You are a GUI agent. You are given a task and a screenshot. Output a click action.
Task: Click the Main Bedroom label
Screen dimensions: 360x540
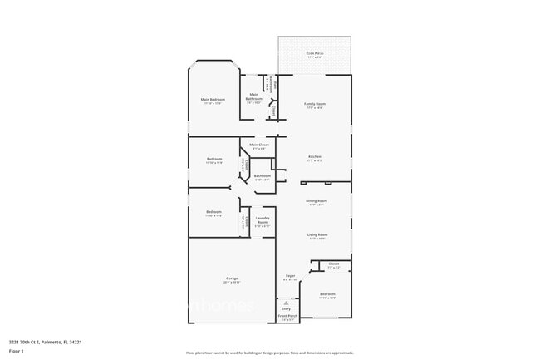pos(213,101)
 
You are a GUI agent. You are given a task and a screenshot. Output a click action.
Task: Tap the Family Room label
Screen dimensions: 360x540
pos(315,105)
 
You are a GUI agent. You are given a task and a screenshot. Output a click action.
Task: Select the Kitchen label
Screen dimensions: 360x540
pos(315,156)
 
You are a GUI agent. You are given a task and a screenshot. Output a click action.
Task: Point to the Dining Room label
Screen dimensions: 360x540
pos(317,201)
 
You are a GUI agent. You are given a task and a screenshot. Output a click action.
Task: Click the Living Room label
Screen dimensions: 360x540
pos(317,235)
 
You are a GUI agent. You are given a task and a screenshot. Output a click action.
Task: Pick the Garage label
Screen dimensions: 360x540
pos(232,279)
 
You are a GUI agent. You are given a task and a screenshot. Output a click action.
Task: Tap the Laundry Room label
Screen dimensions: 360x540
pos(263,220)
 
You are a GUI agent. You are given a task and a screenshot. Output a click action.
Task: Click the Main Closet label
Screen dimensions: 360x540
pos(258,145)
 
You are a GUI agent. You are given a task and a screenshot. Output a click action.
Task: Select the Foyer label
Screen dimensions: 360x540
pos(290,276)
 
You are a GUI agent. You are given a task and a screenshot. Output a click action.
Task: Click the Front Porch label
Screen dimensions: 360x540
pos(287,317)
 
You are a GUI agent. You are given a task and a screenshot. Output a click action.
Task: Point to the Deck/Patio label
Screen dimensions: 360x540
pos(315,54)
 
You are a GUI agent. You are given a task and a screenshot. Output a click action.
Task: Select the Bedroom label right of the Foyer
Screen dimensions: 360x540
pos(327,294)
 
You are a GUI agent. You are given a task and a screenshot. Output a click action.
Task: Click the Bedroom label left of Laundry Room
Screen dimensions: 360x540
pos(214,212)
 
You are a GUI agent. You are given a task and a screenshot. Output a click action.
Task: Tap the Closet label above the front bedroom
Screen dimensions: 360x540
pos(333,264)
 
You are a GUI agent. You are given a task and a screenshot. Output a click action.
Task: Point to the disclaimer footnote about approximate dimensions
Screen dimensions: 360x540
pos(269,353)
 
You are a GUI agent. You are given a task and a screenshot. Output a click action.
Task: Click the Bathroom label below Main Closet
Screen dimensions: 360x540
pos(262,176)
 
